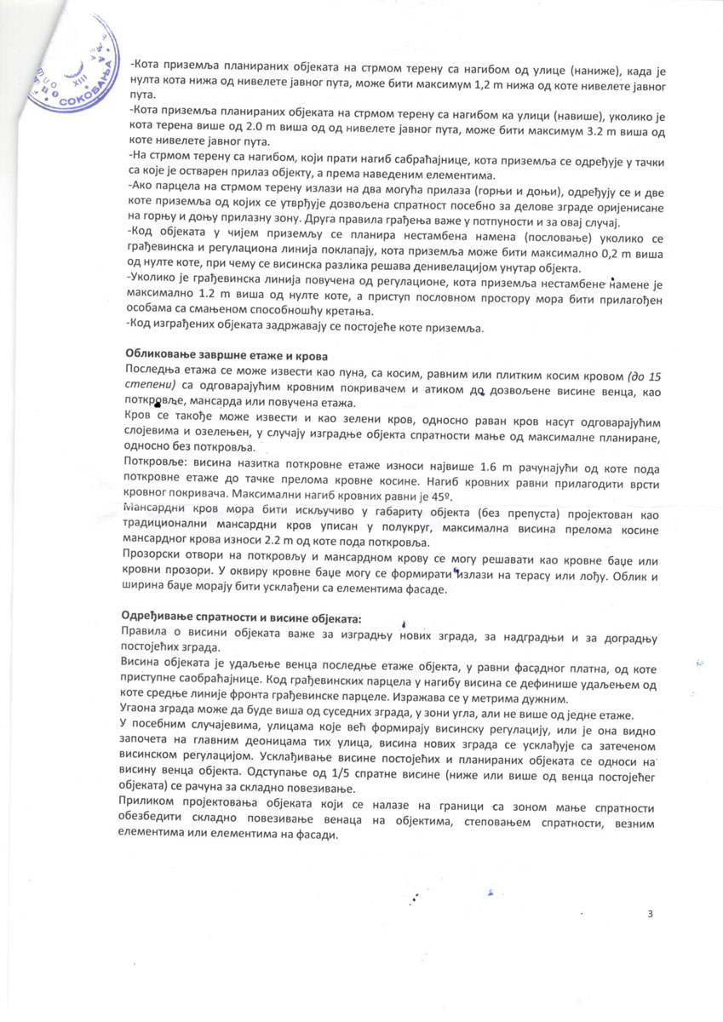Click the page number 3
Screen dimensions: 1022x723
click(650, 915)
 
